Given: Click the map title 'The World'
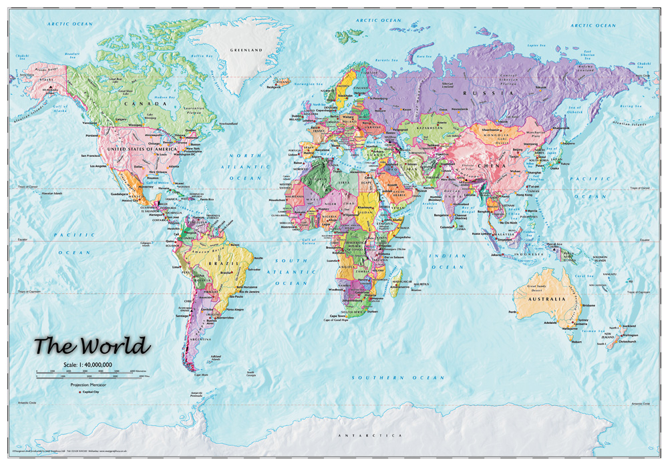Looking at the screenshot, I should (92, 346).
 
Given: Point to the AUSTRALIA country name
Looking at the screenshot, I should (549, 299).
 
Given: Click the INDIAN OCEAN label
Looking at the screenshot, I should (447, 261).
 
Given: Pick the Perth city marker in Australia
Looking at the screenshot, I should (513, 312).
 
